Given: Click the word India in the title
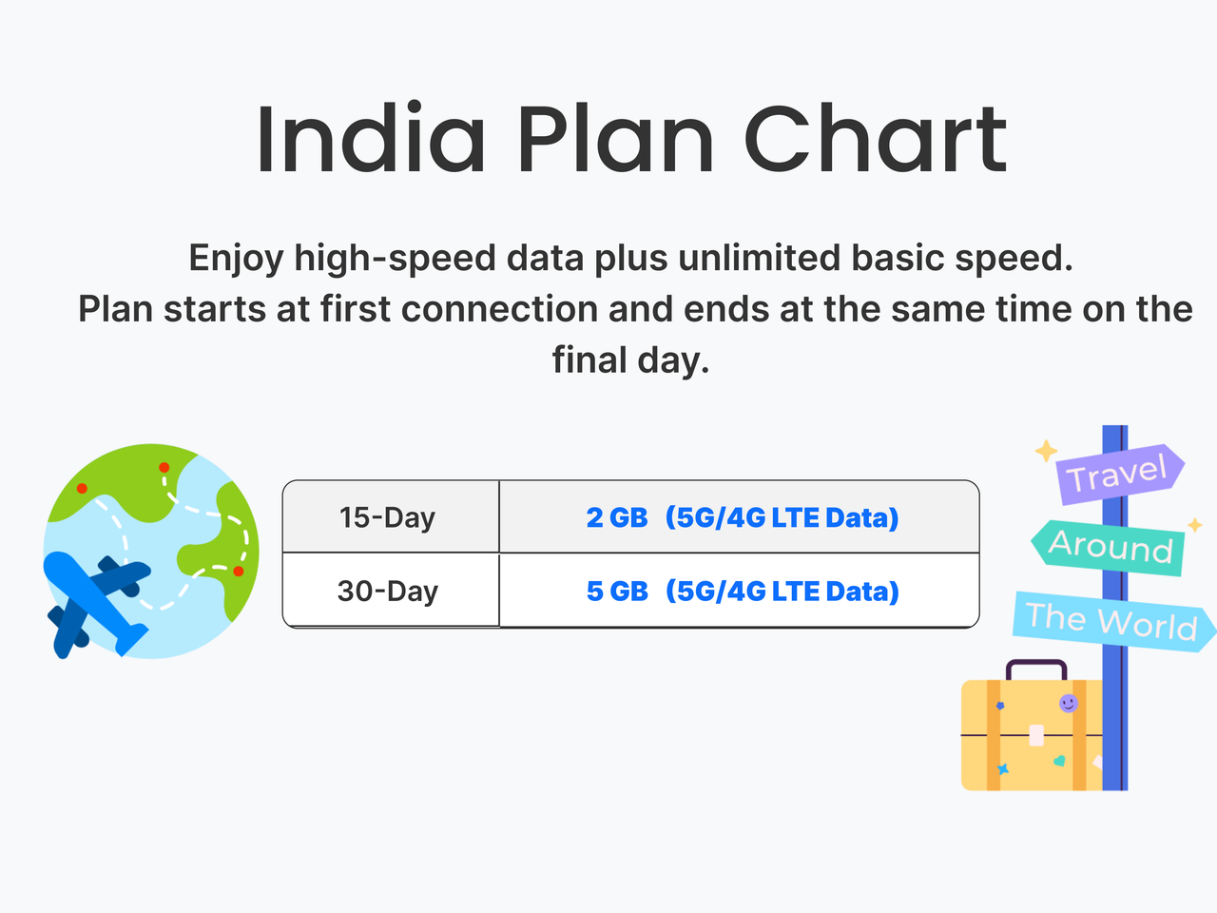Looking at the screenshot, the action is tap(371, 139).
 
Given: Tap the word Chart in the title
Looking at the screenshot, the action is tap(875, 139).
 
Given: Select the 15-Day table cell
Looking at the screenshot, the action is tap(391, 516).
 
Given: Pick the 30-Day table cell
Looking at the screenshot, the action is tap(391, 591).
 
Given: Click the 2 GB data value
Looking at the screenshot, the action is tap(617, 517).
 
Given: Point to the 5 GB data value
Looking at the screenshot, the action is tap(617, 591).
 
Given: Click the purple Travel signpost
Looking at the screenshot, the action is tap(1119, 474).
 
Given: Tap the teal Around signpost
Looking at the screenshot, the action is tap(1109, 548).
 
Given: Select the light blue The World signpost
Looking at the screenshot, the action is tap(1114, 621).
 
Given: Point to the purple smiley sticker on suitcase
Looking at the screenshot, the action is tap(1068, 704).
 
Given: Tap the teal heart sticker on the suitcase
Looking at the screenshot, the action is tap(1059, 761).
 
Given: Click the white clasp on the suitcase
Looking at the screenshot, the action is tap(1036, 735).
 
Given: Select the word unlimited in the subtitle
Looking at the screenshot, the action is tap(759, 258).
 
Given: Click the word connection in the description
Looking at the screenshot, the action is tap(499, 309).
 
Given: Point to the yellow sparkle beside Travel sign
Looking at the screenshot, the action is tap(1046, 451).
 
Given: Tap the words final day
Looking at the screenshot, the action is tap(631, 360).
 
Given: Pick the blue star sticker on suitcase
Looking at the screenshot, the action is tap(1002, 769).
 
